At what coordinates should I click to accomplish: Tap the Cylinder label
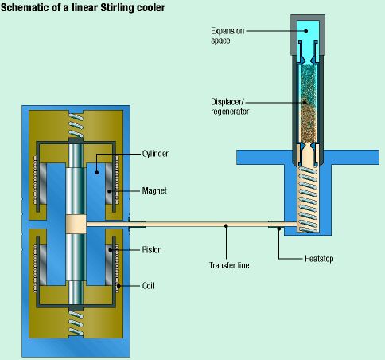click(155, 154)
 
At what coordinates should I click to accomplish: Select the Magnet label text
click(154, 190)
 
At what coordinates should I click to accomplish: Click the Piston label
click(152, 250)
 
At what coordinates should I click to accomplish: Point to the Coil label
click(148, 286)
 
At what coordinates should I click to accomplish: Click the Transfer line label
click(229, 265)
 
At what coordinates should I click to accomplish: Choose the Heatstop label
click(319, 259)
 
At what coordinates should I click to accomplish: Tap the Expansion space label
click(227, 36)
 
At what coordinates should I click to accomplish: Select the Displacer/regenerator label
click(230, 107)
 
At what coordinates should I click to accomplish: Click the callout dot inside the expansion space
click(306, 31)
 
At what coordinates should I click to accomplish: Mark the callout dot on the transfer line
click(226, 226)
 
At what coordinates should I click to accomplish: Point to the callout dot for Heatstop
click(278, 229)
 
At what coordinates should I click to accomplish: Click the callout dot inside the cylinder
click(97, 173)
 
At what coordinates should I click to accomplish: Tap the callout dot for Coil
click(119, 286)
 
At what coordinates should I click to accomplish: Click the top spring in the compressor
click(76, 125)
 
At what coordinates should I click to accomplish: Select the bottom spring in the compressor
click(76, 323)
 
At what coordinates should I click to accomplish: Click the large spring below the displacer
click(308, 199)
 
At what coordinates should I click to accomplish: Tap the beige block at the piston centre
click(76, 225)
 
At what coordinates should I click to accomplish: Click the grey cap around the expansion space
click(308, 35)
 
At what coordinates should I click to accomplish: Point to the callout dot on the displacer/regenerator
click(305, 102)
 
